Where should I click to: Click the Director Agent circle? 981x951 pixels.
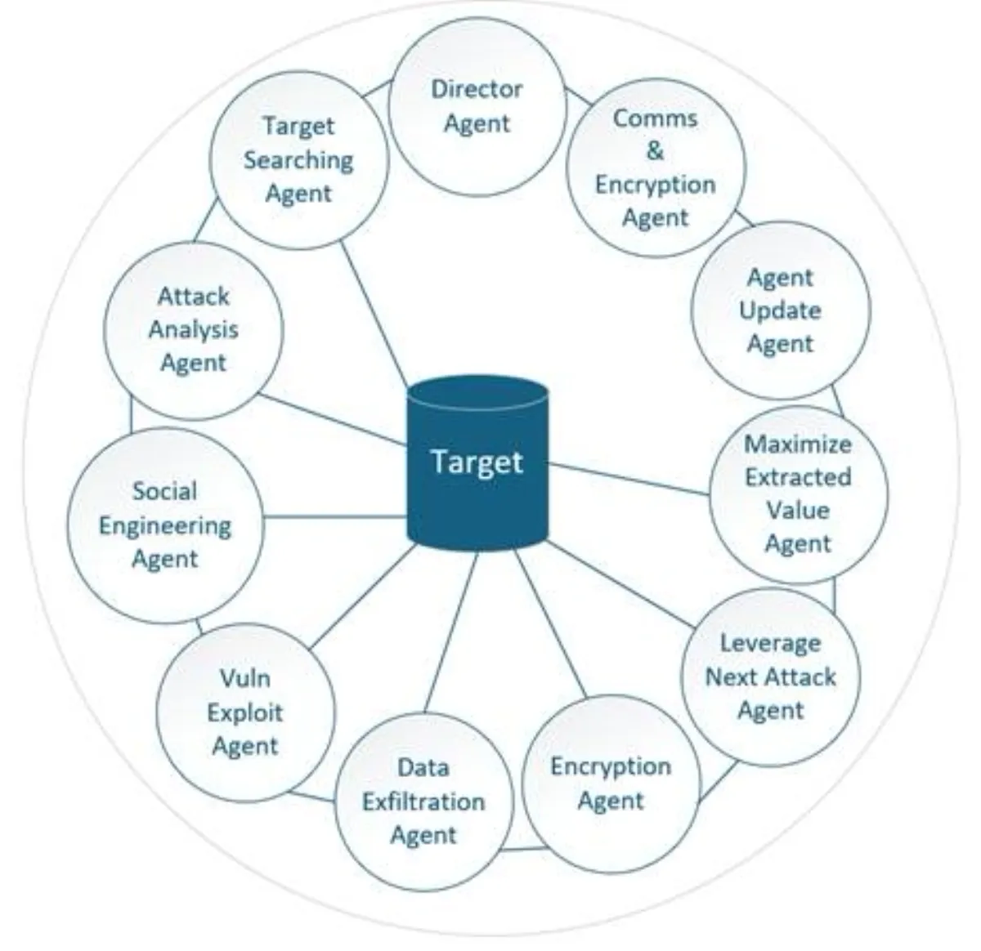(477, 106)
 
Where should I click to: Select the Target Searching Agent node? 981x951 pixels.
(298, 160)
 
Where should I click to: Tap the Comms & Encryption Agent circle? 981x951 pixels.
(656, 167)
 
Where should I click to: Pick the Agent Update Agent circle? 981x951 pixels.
(781, 311)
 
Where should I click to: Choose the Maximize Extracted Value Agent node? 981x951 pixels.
(798, 494)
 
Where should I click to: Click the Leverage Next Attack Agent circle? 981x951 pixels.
(770, 676)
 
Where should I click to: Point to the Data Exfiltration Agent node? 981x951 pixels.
(423, 801)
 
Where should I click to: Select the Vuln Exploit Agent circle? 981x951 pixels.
(245, 712)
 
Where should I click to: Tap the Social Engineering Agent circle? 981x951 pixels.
(165, 525)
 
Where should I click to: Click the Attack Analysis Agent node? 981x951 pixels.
(194, 330)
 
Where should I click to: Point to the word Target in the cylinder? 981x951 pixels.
(477, 462)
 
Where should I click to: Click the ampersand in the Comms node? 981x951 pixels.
(656, 151)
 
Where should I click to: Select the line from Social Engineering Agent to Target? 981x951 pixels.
(335, 516)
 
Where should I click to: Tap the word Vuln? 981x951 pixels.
(245, 678)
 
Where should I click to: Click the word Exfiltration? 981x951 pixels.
(423, 801)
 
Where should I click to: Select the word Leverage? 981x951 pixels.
(770, 643)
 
